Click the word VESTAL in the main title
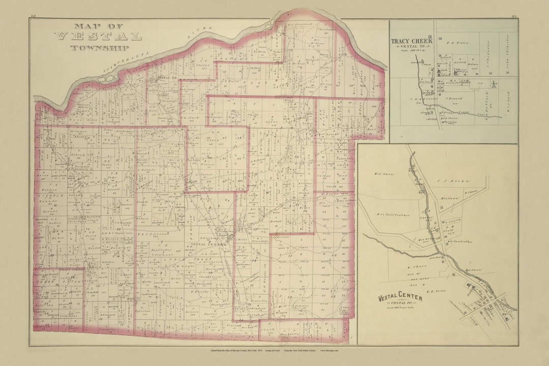click(98, 36)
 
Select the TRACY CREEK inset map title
click(412, 41)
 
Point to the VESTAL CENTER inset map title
click(400, 297)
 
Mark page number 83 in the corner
click(514, 18)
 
